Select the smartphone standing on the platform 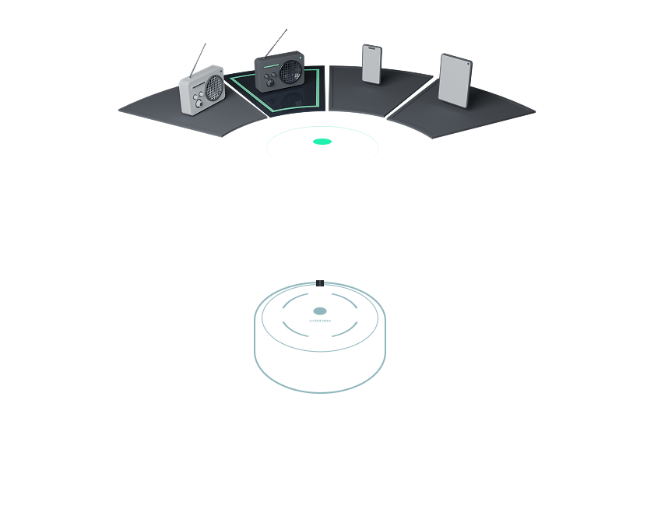click(371, 64)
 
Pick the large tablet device click(455, 80)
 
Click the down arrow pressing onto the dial click(320, 290)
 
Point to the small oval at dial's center click(320, 310)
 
